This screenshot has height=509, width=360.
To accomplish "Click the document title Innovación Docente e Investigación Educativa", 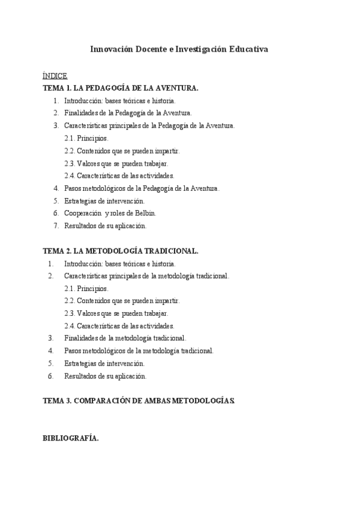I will [179, 49].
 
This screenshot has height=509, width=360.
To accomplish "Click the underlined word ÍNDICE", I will [55, 76].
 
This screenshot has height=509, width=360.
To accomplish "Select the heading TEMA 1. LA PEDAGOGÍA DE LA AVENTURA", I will [121, 88].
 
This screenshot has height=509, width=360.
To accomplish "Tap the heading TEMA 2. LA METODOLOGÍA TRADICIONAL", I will [121, 251].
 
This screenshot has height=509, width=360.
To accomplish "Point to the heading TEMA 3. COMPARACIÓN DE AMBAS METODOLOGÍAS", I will [139, 400].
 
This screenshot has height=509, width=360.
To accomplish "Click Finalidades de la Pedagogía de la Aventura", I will [128, 113].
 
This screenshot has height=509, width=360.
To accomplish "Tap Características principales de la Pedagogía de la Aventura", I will [149, 125].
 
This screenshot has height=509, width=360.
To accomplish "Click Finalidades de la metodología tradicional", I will [125, 339].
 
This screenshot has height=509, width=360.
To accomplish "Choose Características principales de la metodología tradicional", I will [146, 276].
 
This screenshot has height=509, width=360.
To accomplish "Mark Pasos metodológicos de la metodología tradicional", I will [139, 351].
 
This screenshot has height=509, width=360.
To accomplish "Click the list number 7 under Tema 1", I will [56, 226].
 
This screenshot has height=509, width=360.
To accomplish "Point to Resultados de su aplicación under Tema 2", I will [105, 376].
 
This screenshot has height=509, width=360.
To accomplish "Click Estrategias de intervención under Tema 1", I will [104, 200].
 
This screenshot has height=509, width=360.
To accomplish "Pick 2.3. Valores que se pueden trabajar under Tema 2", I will [116, 313].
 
